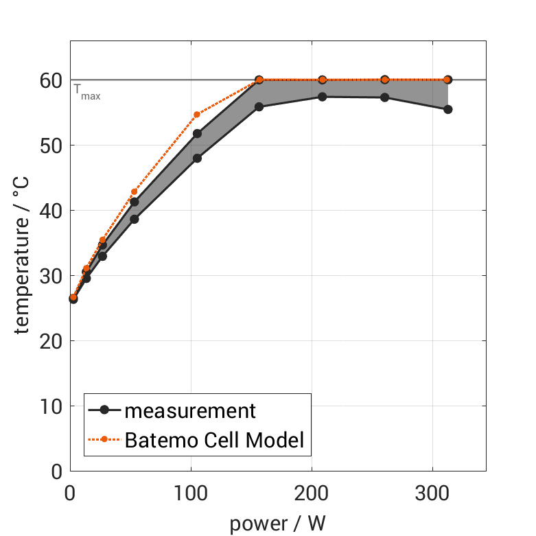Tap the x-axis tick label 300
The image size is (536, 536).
click(x=432, y=493)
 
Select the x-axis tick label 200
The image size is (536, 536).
click(x=312, y=493)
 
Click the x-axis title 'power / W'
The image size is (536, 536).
click(x=277, y=523)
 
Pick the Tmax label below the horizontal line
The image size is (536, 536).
click(x=87, y=92)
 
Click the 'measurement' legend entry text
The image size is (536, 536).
click(x=190, y=411)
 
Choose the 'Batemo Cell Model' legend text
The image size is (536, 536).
click(x=215, y=439)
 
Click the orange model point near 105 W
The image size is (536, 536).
click(x=197, y=115)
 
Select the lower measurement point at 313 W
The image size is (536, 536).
click(x=448, y=109)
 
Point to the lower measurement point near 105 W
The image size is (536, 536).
click(x=198, y=158)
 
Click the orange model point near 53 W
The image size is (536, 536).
click(x=135, y=191)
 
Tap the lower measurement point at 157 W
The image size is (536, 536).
click(x=259, y=107)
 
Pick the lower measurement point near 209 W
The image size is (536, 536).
click(x=322, y=97)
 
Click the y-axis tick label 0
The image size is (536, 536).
click(x=56, y=471)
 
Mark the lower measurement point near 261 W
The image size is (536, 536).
click(x=385, y=97)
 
